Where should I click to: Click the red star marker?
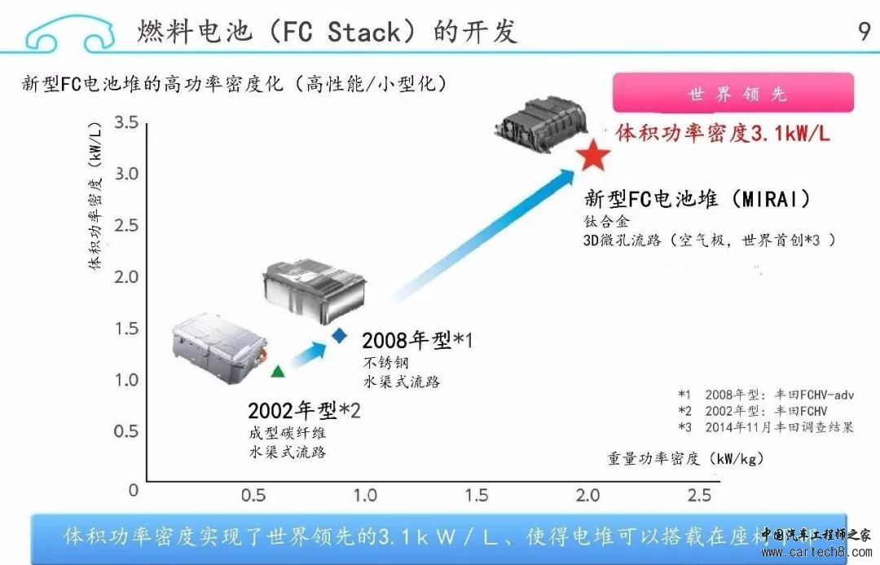point(593,154)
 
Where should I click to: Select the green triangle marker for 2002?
point(278,371)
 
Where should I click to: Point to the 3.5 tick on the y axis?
point(126,123)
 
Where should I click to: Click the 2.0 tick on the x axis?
point(587,495)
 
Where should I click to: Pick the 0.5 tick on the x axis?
point(254,495)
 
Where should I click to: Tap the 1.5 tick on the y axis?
point(126,328)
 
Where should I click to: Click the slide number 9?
point(864,32)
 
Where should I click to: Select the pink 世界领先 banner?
point(733,93)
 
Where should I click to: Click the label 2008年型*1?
point(417,340)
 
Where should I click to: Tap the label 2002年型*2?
point(304,410)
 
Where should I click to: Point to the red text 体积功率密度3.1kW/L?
point(723,133)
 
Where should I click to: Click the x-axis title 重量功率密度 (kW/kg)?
point(685,458)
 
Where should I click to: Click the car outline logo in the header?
point(69,33)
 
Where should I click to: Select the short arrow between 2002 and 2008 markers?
point(309,355)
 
